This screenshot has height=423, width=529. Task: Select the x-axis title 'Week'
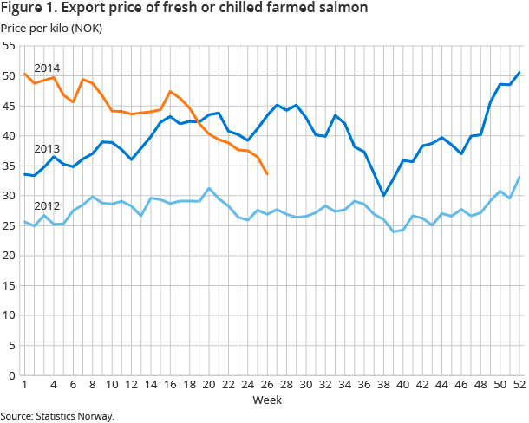265,400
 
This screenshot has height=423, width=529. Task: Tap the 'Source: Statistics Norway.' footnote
57,416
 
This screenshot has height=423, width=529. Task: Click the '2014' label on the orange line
46,68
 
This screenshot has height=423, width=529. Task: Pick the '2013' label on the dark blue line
46,149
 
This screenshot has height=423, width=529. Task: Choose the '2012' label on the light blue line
46,206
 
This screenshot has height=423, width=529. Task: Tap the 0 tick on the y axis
12,375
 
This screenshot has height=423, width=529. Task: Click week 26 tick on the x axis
266,385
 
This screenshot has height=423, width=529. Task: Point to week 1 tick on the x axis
24,385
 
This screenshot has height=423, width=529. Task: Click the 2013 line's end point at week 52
519,73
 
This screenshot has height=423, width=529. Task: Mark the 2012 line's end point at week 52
519,178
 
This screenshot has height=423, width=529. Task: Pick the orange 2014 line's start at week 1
24,74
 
